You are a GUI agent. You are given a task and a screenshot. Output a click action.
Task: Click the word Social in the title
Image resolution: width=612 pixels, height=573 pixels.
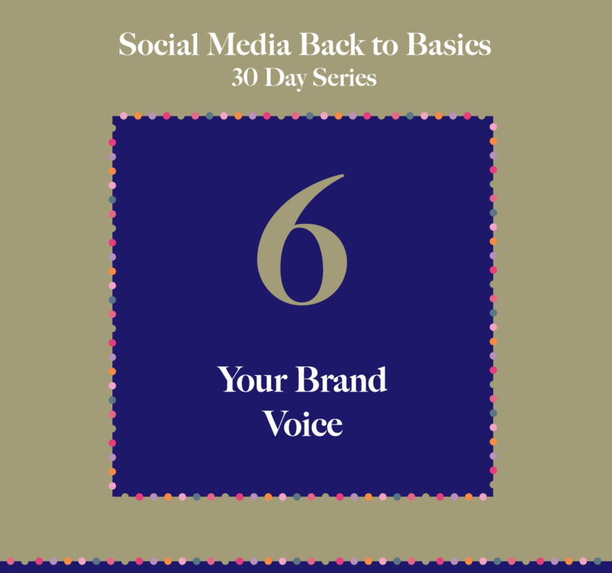coord(158,44)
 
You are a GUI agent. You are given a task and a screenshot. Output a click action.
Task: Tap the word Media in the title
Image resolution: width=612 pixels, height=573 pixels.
coord(249,44)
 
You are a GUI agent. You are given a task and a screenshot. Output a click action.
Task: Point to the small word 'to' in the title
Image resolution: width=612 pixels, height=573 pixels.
coord(385,46)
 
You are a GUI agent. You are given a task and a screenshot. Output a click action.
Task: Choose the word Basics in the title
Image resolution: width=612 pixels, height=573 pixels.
coord(449,44)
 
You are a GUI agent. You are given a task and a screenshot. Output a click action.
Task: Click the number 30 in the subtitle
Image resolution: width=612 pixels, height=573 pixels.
coord(245,77)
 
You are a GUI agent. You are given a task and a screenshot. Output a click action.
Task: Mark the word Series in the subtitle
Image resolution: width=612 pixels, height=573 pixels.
coord(345,77)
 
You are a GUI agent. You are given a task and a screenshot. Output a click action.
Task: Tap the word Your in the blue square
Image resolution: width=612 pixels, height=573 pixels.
coord(253,379)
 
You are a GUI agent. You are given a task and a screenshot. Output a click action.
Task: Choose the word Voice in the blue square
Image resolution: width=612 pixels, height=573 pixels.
coord(303,423)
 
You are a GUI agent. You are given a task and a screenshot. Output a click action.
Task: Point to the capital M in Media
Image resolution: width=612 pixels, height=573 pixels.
coord(225,44)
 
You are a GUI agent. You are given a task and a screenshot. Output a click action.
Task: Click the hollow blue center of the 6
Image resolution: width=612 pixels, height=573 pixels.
coord(302,265)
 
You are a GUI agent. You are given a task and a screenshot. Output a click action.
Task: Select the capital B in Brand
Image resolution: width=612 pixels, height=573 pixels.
coord(308,379)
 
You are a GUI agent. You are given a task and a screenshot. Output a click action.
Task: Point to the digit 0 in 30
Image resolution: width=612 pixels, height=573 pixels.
coord(251,78)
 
